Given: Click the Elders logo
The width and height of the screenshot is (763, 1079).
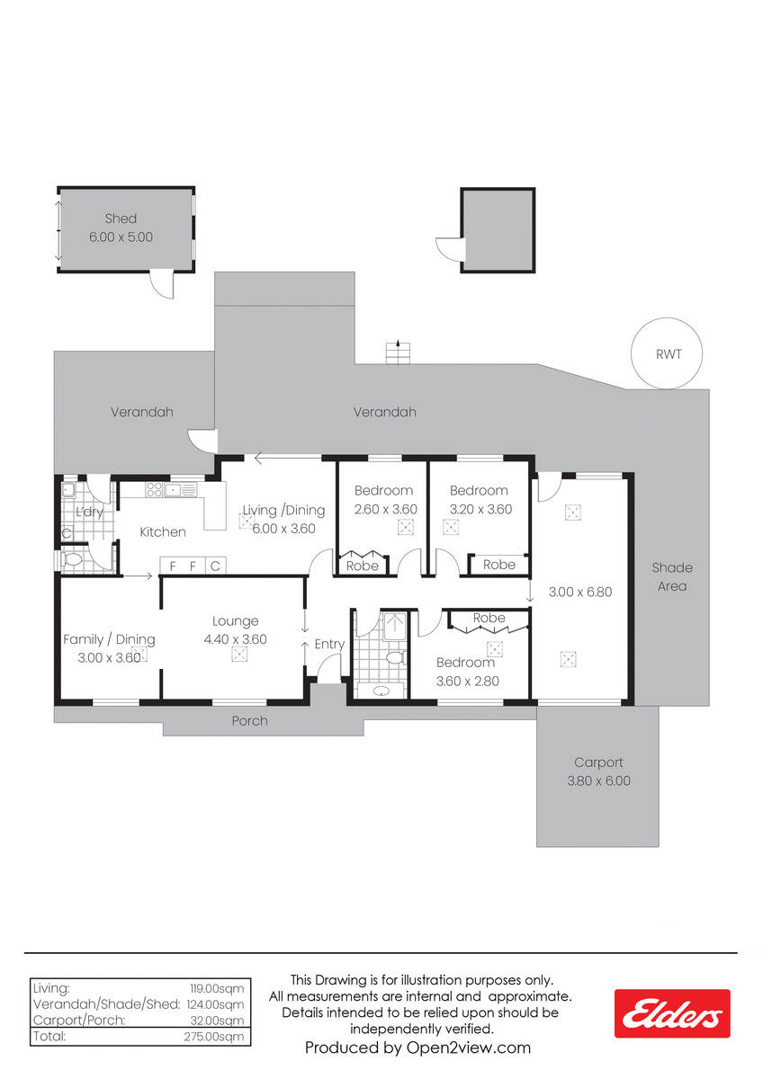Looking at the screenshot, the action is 671,1013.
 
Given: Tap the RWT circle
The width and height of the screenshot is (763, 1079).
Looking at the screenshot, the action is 666,318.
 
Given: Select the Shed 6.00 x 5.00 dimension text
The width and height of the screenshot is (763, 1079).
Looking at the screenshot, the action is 121,237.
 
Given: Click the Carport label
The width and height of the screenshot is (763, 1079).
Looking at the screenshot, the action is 598,762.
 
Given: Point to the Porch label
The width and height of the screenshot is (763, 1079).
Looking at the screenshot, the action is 249,720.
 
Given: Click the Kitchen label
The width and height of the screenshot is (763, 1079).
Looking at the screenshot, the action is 163,531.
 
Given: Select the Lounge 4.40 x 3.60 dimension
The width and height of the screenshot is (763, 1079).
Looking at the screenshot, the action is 235,639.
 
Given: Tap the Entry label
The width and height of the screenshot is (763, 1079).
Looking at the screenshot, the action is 329,645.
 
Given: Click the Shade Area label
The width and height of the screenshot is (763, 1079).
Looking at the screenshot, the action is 672,576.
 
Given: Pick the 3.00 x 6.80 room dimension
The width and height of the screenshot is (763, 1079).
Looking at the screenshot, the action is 580,592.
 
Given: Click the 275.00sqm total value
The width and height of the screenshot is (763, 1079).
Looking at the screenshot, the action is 213,1037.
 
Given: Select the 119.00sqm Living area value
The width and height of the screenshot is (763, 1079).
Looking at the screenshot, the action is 217,988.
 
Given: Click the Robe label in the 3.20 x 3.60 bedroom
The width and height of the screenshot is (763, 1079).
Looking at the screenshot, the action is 498,565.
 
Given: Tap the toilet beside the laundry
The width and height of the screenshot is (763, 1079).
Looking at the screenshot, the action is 73,559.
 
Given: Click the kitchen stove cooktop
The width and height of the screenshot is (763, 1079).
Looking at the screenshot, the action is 154,489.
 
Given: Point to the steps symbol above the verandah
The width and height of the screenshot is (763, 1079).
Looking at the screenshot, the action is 398,352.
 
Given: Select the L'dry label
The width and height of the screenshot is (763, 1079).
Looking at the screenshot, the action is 89,511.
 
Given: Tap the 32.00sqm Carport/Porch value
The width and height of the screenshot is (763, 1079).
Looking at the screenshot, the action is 217,1021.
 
